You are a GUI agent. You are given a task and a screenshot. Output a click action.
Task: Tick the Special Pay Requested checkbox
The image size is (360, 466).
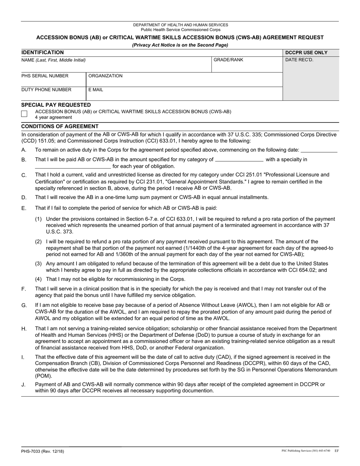coord(25,114)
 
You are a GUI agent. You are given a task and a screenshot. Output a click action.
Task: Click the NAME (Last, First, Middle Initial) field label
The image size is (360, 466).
coord(53,60)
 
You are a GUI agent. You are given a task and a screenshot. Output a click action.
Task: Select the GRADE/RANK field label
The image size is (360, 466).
coord(229,60)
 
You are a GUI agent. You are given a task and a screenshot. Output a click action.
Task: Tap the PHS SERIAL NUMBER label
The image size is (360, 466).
coord(45,76)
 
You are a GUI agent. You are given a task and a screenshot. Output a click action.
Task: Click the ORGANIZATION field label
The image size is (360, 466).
coord(105,76)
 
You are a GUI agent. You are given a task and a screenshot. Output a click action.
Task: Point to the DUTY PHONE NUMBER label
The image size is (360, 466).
coord(46,90)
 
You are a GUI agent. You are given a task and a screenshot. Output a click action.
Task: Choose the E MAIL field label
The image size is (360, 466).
coord(95,90)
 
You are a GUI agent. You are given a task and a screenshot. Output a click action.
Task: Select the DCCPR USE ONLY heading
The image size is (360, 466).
coord(306,53)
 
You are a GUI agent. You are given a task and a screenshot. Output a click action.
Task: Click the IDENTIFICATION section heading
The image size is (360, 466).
coord(42,53)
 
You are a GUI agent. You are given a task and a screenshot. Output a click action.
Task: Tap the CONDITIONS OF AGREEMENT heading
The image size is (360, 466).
coord(60,126)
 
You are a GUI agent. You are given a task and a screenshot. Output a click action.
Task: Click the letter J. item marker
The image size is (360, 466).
coord(23,385)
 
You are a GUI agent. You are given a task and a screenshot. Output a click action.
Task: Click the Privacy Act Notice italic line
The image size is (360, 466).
coord(180,45)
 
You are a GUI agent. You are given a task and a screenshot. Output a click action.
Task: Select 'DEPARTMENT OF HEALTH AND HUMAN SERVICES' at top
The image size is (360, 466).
coord(180,25)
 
